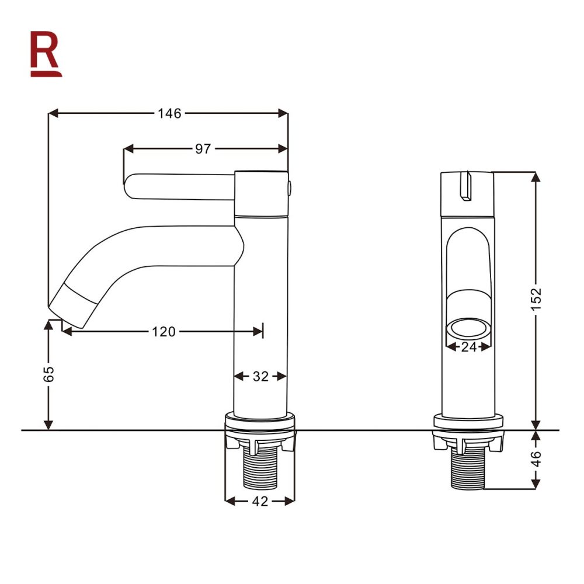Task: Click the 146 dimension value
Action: click(x=169, y=113)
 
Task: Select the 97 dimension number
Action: click(x=203, y=149)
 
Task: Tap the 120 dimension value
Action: click(x=164, y=332)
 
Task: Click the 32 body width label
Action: click(x=260, y=377)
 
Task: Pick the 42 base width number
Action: click(x=260, y=501)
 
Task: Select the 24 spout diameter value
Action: click(x=468, y=346)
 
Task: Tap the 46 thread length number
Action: click(x=536, y=459)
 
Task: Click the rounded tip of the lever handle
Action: click(x=130, y=187)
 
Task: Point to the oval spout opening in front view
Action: click(x=467, y=328)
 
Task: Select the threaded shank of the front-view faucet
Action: click(x=467, y=469)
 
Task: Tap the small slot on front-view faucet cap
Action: click(x=465, y=186)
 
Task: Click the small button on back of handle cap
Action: click(x=290, y=188)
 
